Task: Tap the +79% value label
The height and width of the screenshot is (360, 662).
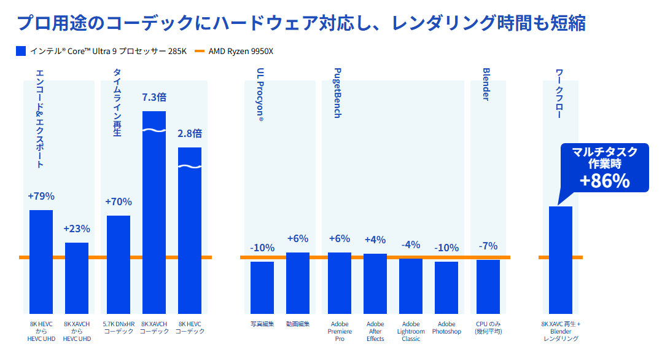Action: pyautogui.click(x=41, y=197)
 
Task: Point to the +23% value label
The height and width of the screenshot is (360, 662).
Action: pyautogui.click(x=77, y=229)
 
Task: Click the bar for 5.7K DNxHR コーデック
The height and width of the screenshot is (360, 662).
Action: pyautogui.click(x=119, y=264)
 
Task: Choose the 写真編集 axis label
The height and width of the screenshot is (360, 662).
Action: pyautogui.click(x=262, y=324)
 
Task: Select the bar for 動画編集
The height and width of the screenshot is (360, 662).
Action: pyautogui.click(x=298, y=283)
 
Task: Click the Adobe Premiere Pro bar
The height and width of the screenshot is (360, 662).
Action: pyautogui.click(x=340, y=283)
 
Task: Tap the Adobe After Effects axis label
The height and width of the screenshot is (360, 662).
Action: pyautogui.click(x=375, y=331)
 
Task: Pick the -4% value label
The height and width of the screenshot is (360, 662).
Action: pyautogui.click(x=411, y=245)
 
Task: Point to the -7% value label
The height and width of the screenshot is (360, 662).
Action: pyautogui.click(x=488, y=246)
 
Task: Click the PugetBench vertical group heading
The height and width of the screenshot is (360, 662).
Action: pyautogui.click(x=338, y=93)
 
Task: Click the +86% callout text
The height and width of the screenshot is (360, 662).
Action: pyautogui.click(x=605, y=180)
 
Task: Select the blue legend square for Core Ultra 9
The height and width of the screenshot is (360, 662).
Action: pyautogui.click(x=21, y=51)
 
